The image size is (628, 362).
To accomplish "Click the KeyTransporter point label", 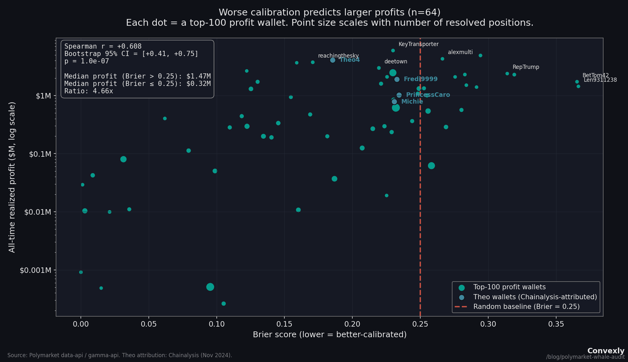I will pos(418,44).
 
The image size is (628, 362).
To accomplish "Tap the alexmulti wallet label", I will pos(460,52).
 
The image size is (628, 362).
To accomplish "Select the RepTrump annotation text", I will pos(526,67).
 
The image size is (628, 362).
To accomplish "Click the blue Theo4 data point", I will pos(333,60).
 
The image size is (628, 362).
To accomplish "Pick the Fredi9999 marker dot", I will pos(397,79).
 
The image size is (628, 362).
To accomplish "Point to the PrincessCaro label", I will pos(428,95).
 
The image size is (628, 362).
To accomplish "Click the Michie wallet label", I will pos(412,102).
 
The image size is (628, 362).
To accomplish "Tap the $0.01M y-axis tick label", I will pos(37,212).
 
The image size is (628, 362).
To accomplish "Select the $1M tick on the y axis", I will pos(43,96).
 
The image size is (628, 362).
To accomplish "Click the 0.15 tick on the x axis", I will pos(284,324).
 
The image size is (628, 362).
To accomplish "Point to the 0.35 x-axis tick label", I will pos(556,324).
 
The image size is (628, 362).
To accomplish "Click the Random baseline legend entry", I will pos(526,307).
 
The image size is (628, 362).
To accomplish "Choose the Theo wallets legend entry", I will pos(535,297).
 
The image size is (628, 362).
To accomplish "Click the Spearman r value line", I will pos(103,46).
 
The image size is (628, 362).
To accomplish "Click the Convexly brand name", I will pos(605,351).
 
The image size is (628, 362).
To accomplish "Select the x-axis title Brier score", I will pos(329,335).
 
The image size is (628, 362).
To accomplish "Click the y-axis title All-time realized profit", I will pos(12,177).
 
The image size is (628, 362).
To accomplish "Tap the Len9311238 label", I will pos(600,80).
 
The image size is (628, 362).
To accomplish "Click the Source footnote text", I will pos(119,355).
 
